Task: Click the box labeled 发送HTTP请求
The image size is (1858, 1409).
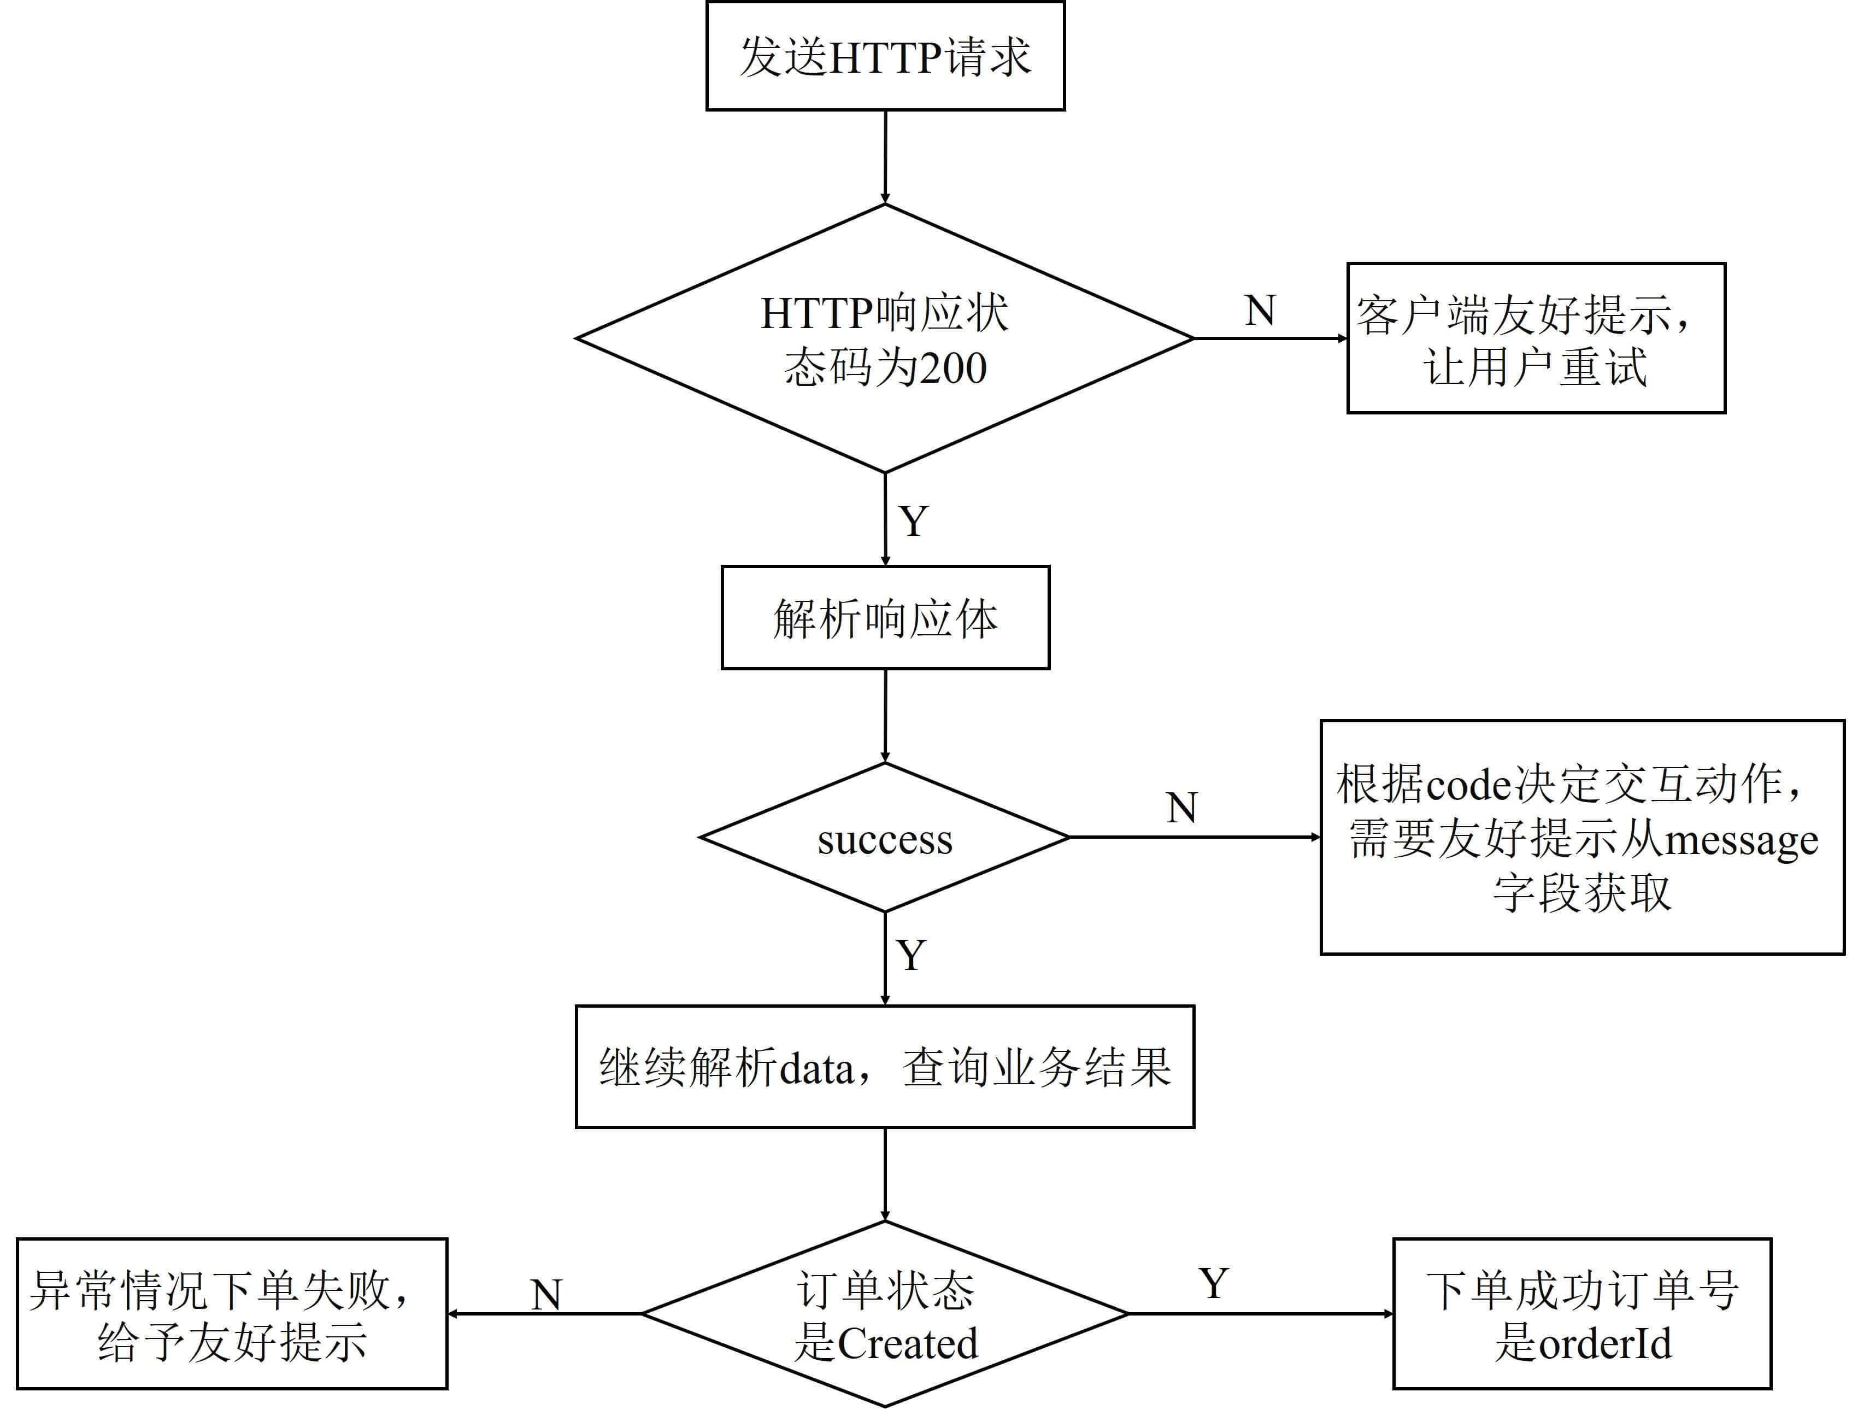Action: (885, 56)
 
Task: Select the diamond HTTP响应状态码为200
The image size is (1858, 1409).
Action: (885, 338)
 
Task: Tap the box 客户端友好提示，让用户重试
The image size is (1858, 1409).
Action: (1536, 338)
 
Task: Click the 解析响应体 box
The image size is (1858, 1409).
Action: (885, 617)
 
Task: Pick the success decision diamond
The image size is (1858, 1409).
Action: (885, 838)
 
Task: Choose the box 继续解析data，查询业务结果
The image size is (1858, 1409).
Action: (885, 1066)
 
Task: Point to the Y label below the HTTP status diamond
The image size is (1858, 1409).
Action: (914, 521)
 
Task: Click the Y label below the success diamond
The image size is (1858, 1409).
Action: (912, 955)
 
